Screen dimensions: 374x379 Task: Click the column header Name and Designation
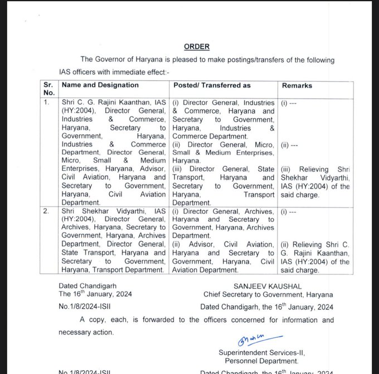(100, 85)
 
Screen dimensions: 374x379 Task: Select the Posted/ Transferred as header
(212, 85)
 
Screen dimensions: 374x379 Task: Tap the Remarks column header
(297, 86)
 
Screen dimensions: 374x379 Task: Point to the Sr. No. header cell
(50, 89)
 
